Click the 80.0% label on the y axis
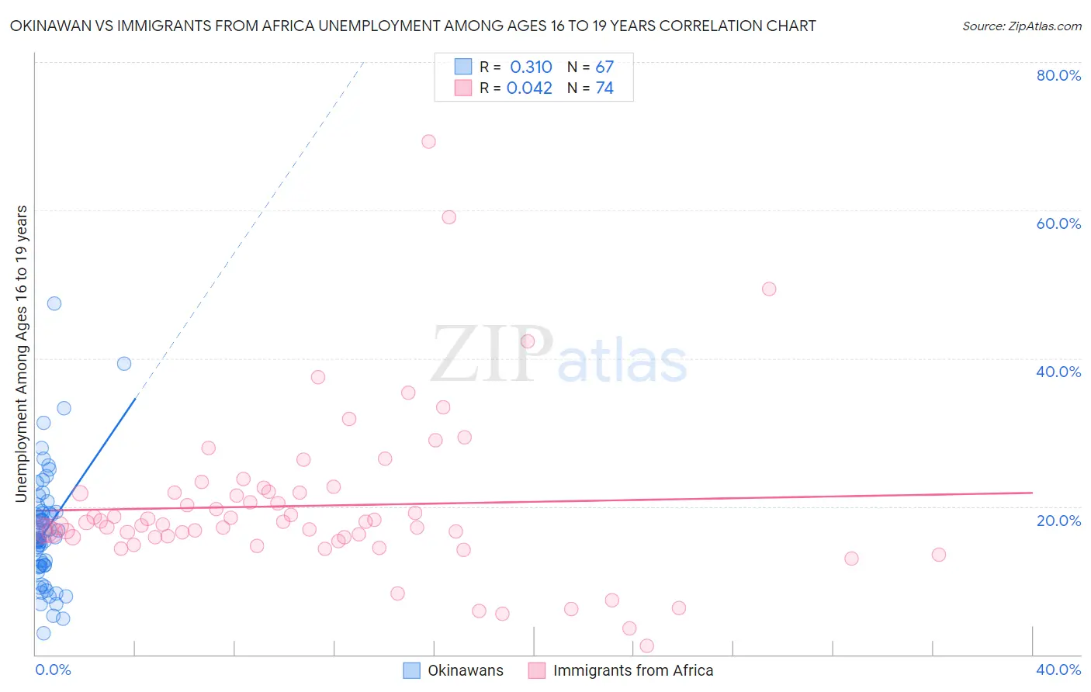click(1058, 75)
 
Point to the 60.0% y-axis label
click(1058, 223)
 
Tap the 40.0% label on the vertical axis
click(1058, 372)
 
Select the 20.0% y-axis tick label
click(1058, 520)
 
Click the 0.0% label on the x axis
click(53, 670)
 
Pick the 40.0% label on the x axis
click(1058, 670)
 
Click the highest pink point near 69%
click(428, 141)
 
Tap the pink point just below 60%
click(449, 217)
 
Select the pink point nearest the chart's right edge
click(938, 555)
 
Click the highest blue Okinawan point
click(54, 303)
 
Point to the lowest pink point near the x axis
click(646, 645)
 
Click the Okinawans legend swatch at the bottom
click(412, 670)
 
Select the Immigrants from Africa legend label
click(632, 670)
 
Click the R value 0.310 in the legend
click(531, 67)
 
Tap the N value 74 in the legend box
click(604, 88)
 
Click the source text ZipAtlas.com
click(1021, 26)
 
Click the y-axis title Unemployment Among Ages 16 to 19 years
click(22, 353)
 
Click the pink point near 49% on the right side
click(769, 289)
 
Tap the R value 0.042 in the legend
click(529, 88)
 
